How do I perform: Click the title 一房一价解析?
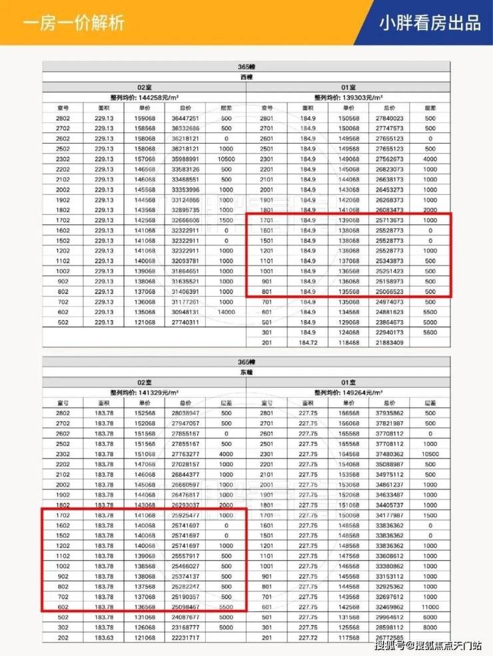[73, 24]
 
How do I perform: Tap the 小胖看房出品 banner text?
[430, 23]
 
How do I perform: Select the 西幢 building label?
[246, 77]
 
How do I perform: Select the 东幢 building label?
[246, 372]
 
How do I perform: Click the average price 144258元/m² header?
[145, 97]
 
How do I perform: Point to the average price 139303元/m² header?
[349, 97]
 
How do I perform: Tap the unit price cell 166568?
[349, 413]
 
